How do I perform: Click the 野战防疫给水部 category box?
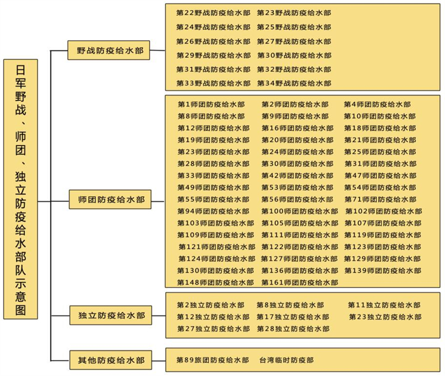110,50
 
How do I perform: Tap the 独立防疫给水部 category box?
110,315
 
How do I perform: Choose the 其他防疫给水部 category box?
110,360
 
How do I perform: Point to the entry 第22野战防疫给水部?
214,12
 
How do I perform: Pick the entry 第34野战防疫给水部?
294,84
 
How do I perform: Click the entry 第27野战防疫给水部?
294,42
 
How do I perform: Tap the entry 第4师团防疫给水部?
377,105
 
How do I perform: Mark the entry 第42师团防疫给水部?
297,176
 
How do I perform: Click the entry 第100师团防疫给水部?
300,211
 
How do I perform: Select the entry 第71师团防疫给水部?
380,200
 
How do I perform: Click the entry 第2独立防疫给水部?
210,305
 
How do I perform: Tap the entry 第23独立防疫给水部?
385,317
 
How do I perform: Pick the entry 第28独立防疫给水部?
293,329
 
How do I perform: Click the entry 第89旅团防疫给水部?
213,361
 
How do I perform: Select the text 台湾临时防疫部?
286,361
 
